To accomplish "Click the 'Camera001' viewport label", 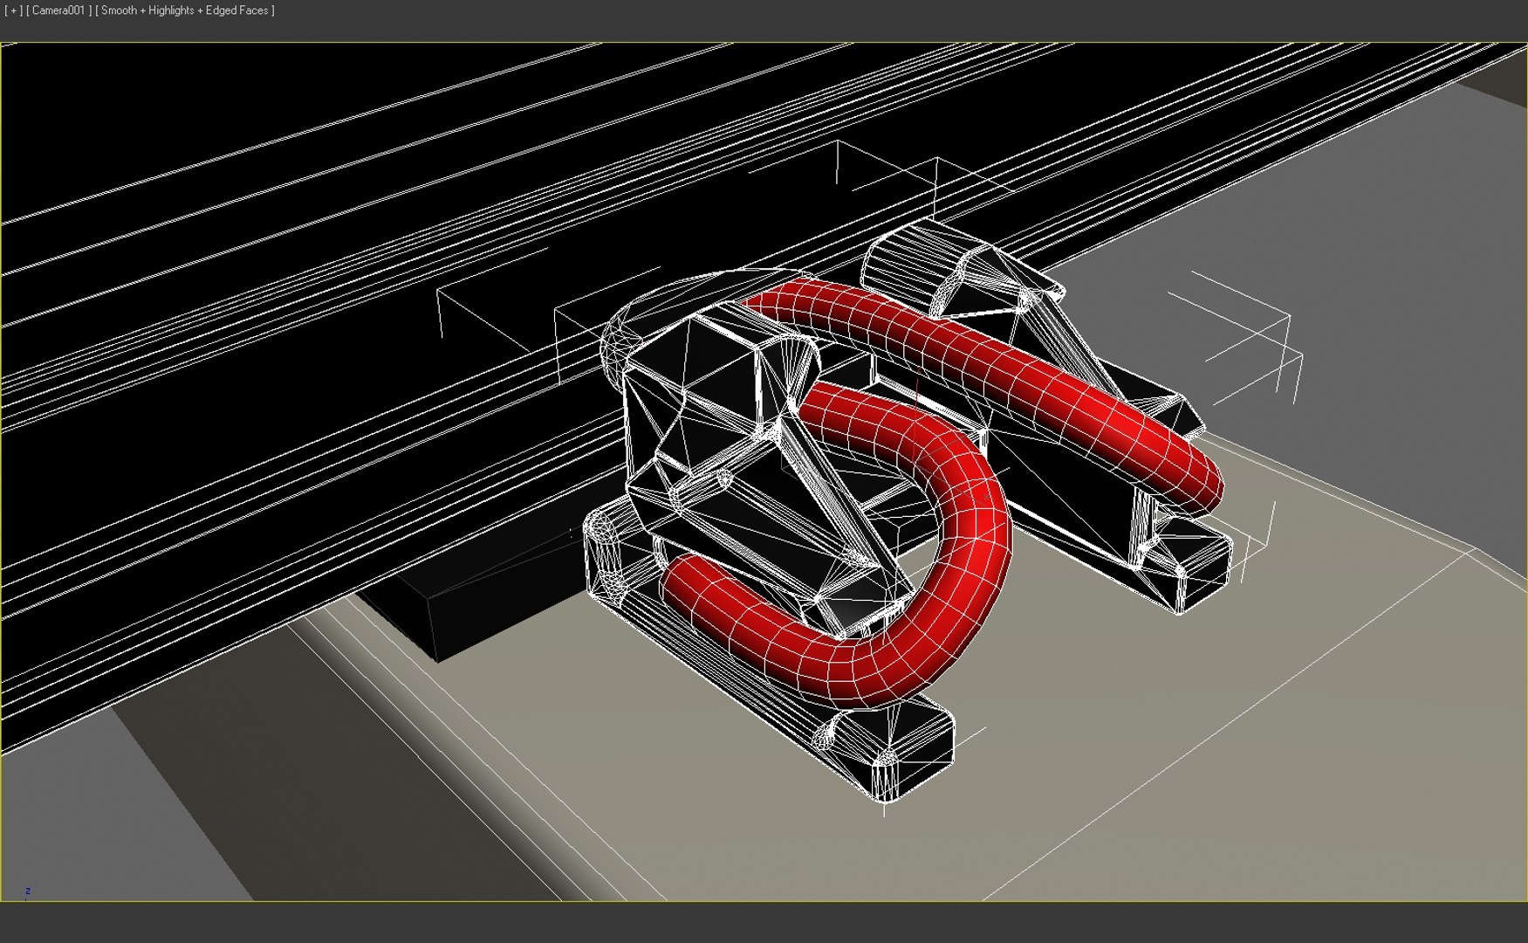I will (58, 10).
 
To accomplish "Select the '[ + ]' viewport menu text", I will (13, 10).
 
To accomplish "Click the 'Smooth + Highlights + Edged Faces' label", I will (184, 10).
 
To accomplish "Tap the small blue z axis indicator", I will (28, 891).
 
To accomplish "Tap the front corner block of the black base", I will (890, 751).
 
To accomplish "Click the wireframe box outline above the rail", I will (881, 175).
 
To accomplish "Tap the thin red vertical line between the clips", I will (917, 389).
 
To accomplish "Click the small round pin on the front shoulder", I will (723, 478).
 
